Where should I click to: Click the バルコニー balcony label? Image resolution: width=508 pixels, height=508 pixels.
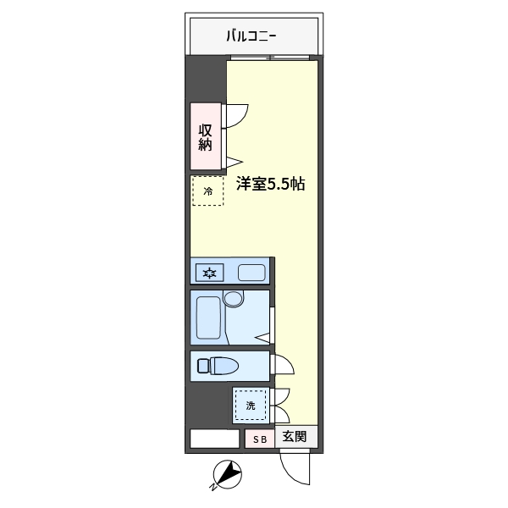point(251,36)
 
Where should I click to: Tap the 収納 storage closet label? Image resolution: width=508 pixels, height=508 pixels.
point(206,137)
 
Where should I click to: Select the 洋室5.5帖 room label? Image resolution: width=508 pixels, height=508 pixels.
point(271,184)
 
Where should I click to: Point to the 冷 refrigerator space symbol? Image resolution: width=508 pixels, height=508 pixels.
point(207,190)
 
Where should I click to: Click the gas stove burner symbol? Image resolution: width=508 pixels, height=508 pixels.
point(210,273)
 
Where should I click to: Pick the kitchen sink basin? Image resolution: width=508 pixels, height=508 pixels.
point(251,273)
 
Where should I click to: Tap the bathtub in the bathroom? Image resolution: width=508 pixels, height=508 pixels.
point(208,317)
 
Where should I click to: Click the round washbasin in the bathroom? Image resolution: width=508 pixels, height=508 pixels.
point(234,298)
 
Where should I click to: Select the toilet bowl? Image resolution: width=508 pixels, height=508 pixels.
point(224,366)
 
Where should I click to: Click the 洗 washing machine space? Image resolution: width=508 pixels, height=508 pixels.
point(251,406)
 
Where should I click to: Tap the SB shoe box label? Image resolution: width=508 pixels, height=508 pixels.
point(260,439)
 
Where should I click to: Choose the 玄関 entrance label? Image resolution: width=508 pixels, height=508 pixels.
point(295,436)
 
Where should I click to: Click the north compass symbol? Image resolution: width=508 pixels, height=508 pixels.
point(228,474)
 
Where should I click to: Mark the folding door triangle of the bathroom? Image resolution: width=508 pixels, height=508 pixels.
point(262,338)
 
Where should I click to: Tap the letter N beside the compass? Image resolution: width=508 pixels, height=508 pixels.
point(213,487)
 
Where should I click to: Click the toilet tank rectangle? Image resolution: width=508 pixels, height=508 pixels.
point(203,366)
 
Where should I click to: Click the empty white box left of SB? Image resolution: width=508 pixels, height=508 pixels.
point(214,439)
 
